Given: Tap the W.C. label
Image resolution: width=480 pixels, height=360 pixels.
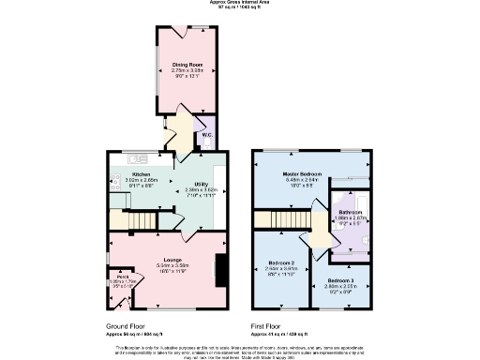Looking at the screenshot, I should pyautogui.click(x=207, y=135).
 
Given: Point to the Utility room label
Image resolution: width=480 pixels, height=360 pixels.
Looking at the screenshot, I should pyautogui.click(x=201, y=184).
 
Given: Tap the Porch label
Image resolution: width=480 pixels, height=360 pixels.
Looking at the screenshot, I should pyautogui.click(x=123, y=277).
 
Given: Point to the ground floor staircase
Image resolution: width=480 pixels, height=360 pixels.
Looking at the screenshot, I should pyautogui.click(x=142, y=220).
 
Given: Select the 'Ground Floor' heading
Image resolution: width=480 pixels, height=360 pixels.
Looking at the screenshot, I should pyautogui.click(x=127, y=327).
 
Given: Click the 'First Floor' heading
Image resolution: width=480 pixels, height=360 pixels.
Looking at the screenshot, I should pyautogui.click(x=268, y=327).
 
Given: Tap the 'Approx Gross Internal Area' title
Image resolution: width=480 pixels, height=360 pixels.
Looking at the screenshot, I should pyautogui.click(x=239, y=4).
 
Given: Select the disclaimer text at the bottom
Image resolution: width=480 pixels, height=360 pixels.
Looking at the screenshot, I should pyautogui.click(x=240, y=349).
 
